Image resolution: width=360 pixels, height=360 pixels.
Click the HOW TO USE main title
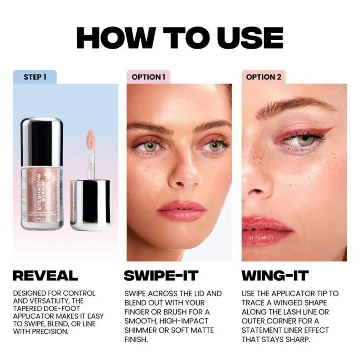(180, 37)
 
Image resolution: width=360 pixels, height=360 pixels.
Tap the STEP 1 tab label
(35, 77)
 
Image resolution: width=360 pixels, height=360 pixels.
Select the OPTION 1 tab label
(148, 77)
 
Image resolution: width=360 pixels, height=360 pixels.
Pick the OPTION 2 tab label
(263, 77)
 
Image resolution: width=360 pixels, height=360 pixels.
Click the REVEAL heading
(45, 275)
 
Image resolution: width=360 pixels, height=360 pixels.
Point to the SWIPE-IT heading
(161, 275)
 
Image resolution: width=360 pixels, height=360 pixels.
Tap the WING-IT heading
(275, 275)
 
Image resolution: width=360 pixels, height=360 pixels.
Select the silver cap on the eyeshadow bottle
(42, 142)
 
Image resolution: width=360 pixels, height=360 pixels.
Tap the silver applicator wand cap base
(90, 205)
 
